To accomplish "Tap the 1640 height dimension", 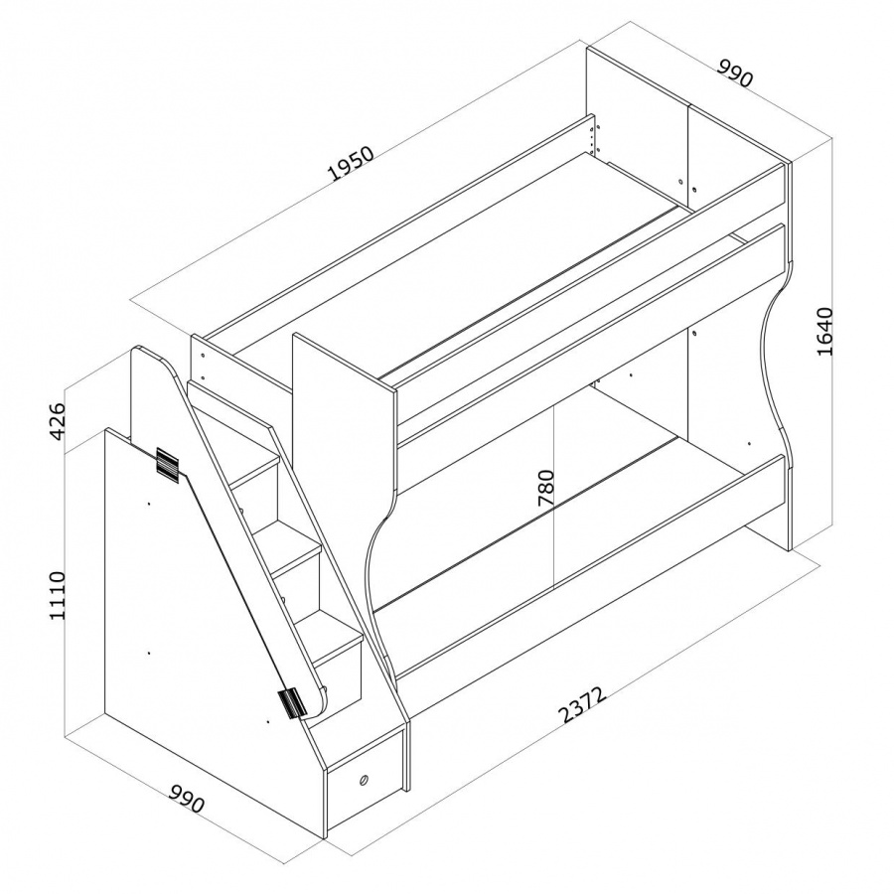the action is pyautogui.click(x=825, y=331).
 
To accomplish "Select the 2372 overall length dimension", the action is pyautogui.click(x=581, y=704).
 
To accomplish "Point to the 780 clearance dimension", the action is pyautogui.click(x=545, y=488).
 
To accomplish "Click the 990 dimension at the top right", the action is pyautogui.click(x=735, y=72).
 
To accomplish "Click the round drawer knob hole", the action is pyautogui.click(x=363, y=780).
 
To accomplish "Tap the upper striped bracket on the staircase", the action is pyautogui.click(x=167, y=462).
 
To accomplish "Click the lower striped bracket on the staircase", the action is pyautogui.click(x=292, y=703).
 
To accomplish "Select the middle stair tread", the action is pyautogui.click(x=295, y=556).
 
